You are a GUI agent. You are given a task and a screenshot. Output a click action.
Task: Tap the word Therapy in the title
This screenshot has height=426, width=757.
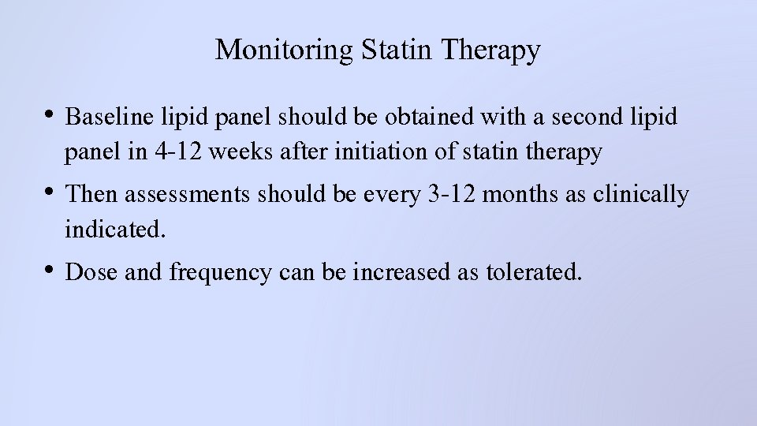[x=492, y=50]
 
